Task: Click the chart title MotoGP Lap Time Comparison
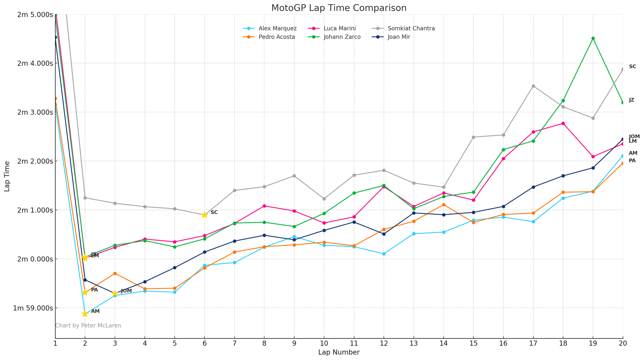point(339,8)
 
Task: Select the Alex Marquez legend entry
point(277,29)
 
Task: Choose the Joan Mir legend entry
point(399,37)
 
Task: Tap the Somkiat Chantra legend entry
point(411,29)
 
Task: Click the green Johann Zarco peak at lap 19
point(593,39)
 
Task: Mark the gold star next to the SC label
point(204,215)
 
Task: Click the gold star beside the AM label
point(85,314)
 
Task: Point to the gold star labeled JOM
point(115,294)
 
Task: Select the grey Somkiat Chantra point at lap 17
point(533,86)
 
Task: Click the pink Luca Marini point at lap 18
point(563,123)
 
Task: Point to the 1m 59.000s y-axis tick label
point(34,308)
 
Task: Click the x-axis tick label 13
point(413,344)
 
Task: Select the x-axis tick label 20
point(623,344)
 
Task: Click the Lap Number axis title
point(339,352)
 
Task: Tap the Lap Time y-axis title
point(7,176)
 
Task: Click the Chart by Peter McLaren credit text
point(88,325)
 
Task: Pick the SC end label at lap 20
point(632,67)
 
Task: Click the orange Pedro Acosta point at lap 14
point(444,205)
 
